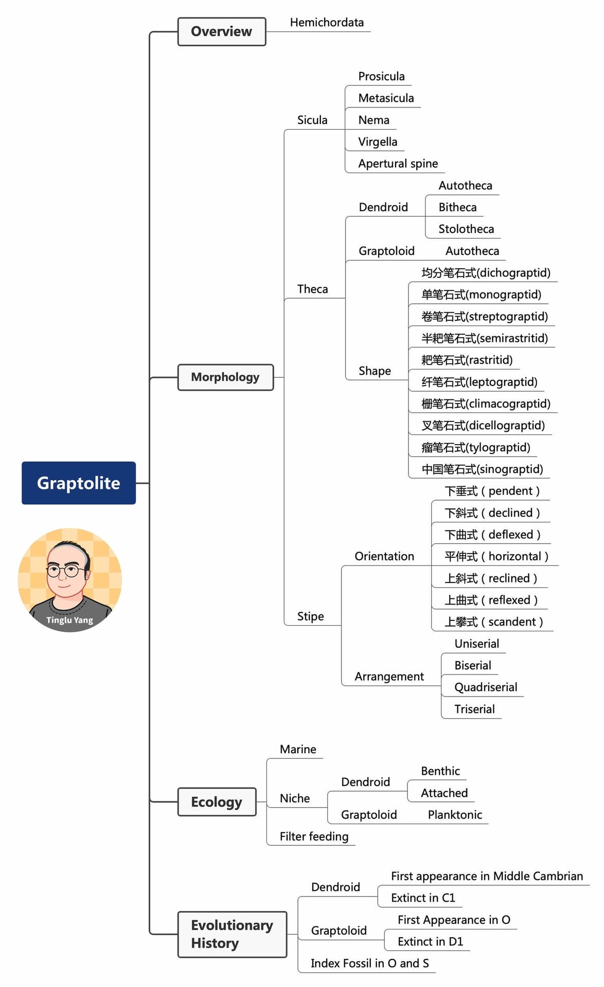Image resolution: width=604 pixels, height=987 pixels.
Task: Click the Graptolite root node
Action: tap(79, 483)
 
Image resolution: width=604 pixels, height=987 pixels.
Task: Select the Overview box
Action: tap(222, 31)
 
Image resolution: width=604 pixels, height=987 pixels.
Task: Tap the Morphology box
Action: tap(225, 377)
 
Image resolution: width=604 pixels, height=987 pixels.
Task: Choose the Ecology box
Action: tap(217, 801)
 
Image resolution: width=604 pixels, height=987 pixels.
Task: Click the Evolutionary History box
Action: tap(232, 934)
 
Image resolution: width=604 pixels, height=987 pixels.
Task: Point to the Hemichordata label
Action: tap(327, 23)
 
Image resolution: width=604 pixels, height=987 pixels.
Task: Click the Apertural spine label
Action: tap(398, 163)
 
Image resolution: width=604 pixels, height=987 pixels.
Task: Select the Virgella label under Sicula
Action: tap(378, 142)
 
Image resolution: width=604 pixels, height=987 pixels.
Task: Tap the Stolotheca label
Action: tap(466, 229)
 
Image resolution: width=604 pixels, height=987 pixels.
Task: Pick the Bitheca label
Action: tap(457, 207)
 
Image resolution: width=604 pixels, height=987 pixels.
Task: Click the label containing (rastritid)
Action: tap(467, 360)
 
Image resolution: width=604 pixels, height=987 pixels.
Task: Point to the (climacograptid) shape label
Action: tap(486, 404)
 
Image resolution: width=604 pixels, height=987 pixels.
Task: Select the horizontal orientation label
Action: tap(496, 556)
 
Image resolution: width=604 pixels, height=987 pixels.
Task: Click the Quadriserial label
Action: tap(486, 687)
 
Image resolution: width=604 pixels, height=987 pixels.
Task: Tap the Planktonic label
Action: tap(455, 815)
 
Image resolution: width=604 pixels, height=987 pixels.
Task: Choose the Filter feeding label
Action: tap(314, 836)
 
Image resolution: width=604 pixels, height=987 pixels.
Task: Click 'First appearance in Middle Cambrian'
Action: tap(487, 876)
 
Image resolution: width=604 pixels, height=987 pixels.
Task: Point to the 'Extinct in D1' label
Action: tap(430, 941)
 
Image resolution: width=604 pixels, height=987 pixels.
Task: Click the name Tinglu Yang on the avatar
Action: tap(70, 620)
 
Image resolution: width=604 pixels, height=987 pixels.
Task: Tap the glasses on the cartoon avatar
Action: tap(65, 570)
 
